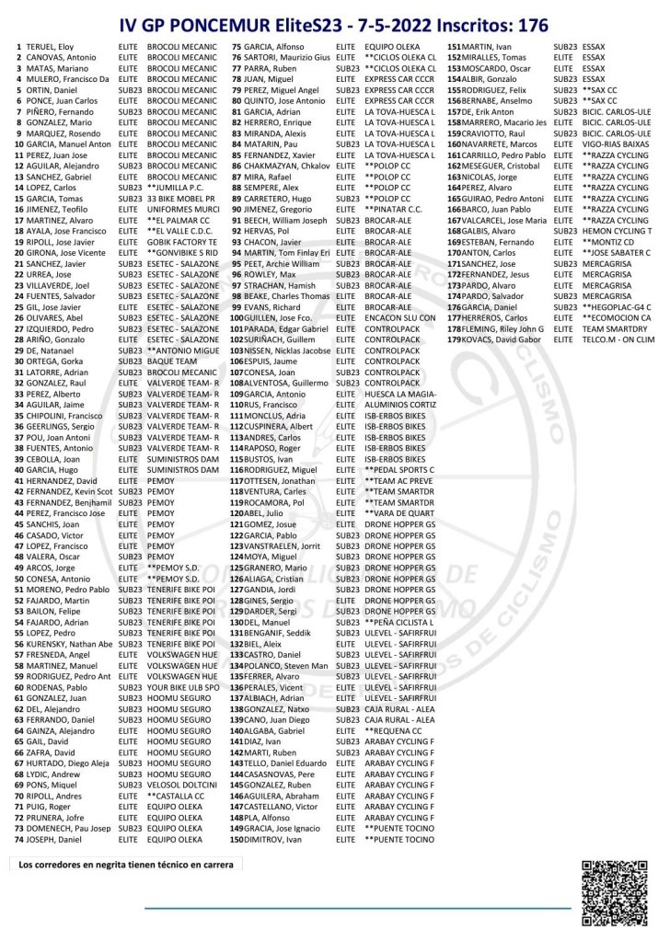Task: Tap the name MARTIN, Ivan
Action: pyautogui.click(x=488, y=45)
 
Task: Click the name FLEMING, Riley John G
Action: pyautogui.click(x=502, y=328)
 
